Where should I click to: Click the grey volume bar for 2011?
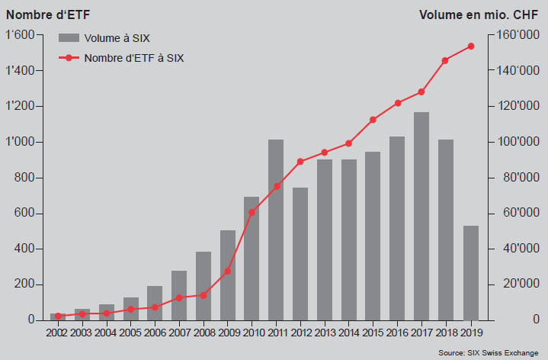[x=276, y=229]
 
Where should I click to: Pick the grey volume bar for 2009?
[x=227, y=275]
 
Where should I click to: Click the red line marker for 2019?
[x=470, y=46]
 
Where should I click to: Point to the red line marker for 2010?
[x=252, y=212]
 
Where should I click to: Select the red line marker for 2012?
[x=300, y=162]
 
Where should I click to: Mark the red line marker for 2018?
[x=446, y=60]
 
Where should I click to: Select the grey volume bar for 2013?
[x=325, y=239]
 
